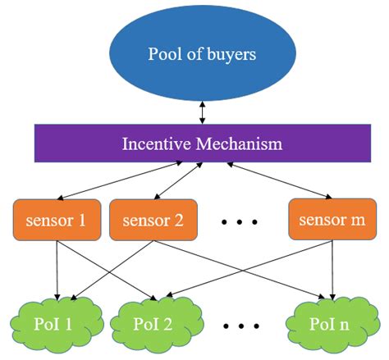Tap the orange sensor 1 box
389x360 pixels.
pyautogui.click(x=57, y=220)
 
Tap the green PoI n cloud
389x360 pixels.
pyautogui.click(x=332, y=322)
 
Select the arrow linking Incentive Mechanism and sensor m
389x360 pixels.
pyautogui.click(x=278, y=180)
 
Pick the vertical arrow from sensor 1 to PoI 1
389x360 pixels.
pyautogui.click(x=56, y=270)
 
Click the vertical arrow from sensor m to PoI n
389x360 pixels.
pyautogui.click(x=331, y=270)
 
